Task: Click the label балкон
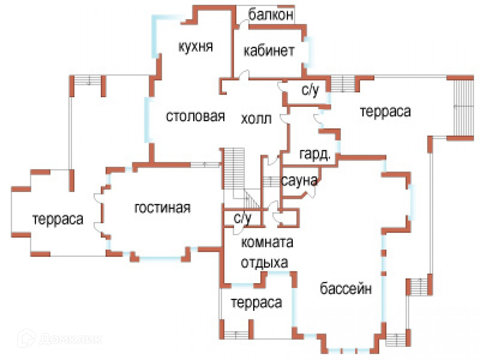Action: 271,15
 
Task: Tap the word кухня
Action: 195,47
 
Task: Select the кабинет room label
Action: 269,51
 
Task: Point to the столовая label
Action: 195,116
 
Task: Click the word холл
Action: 256,119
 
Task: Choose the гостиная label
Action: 162,208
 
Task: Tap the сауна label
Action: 299,181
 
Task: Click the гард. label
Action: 315,154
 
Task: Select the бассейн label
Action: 346,288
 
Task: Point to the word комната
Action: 267,243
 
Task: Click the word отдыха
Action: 264,263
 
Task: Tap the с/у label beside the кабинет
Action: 310,90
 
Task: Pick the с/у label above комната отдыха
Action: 242,218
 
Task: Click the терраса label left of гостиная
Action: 58,219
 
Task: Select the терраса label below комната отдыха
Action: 256,303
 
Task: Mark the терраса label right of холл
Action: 385,111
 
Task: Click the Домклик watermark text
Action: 70,339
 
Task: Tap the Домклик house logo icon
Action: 26,337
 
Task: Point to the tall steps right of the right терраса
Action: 463,107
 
